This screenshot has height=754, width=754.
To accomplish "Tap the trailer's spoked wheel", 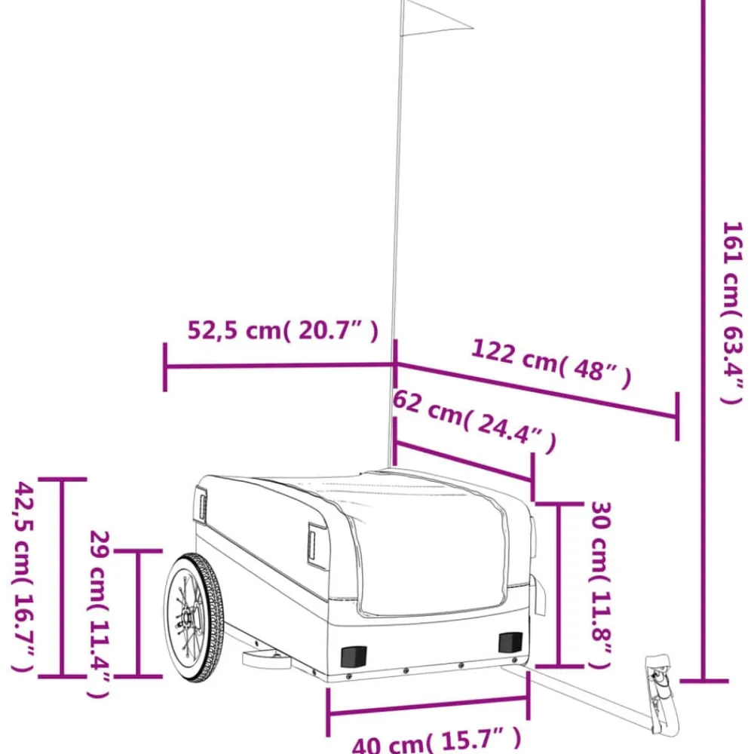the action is tap(194, 618).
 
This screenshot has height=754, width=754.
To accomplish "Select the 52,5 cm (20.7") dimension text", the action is tap(283, 330).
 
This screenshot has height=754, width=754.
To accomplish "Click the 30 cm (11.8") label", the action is tap(601, 585).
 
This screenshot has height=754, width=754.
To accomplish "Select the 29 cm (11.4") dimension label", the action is tap(100, 614).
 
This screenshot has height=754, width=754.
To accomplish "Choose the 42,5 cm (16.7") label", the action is tap(24, 577).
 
